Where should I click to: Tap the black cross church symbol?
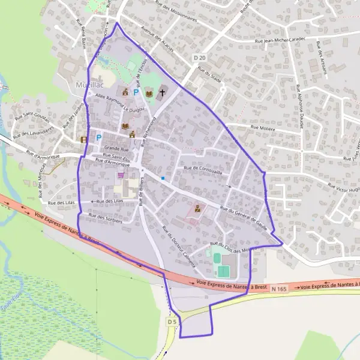coord(161,93)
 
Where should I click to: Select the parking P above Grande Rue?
coord(98,137)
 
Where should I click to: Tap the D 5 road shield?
coord(172,322)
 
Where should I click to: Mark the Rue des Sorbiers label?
coord(106,217)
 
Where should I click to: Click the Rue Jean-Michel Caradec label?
coord(280,40)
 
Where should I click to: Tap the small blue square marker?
coord(163,178)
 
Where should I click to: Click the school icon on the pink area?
coord(197,209)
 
